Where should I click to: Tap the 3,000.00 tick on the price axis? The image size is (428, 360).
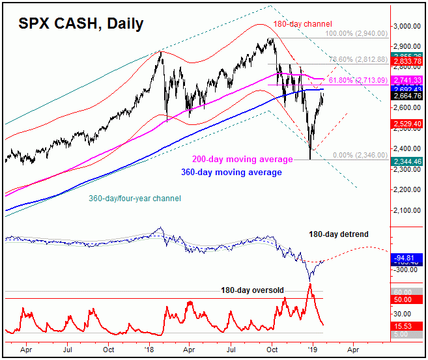tap(408, 26)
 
